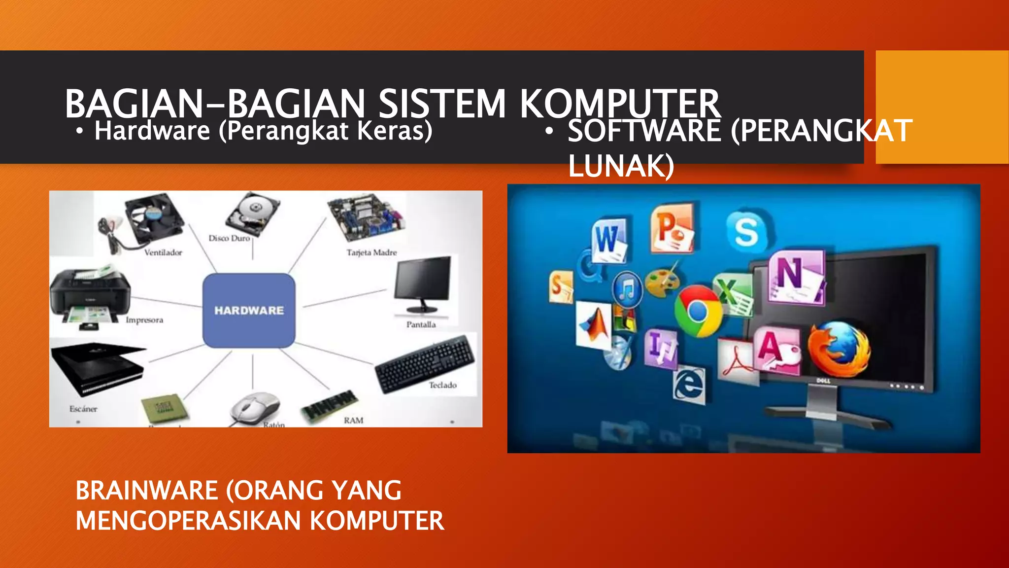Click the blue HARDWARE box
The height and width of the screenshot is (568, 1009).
coord(249,310)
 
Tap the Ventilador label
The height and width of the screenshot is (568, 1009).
coord(163,252)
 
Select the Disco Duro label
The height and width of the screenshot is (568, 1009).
coord(229,238)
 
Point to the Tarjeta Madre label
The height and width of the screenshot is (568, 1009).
coord(371,252)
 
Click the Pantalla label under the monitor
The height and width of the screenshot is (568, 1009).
coord(421,324)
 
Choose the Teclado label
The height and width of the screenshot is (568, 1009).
coord(442,385)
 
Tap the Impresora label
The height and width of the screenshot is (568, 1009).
coord(144,320)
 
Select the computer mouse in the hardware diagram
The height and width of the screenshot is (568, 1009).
coord(255,408)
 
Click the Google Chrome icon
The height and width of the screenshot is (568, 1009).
coord(698,311)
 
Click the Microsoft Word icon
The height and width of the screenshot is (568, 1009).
coord(609,239)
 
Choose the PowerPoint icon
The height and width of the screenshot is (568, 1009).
coord(671,228)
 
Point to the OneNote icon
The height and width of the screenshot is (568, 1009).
coord(794,276)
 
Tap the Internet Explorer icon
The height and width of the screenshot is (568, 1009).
coord(689,384)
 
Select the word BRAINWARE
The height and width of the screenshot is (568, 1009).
coord(147,491)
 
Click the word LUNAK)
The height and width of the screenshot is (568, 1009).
coord(621,166)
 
